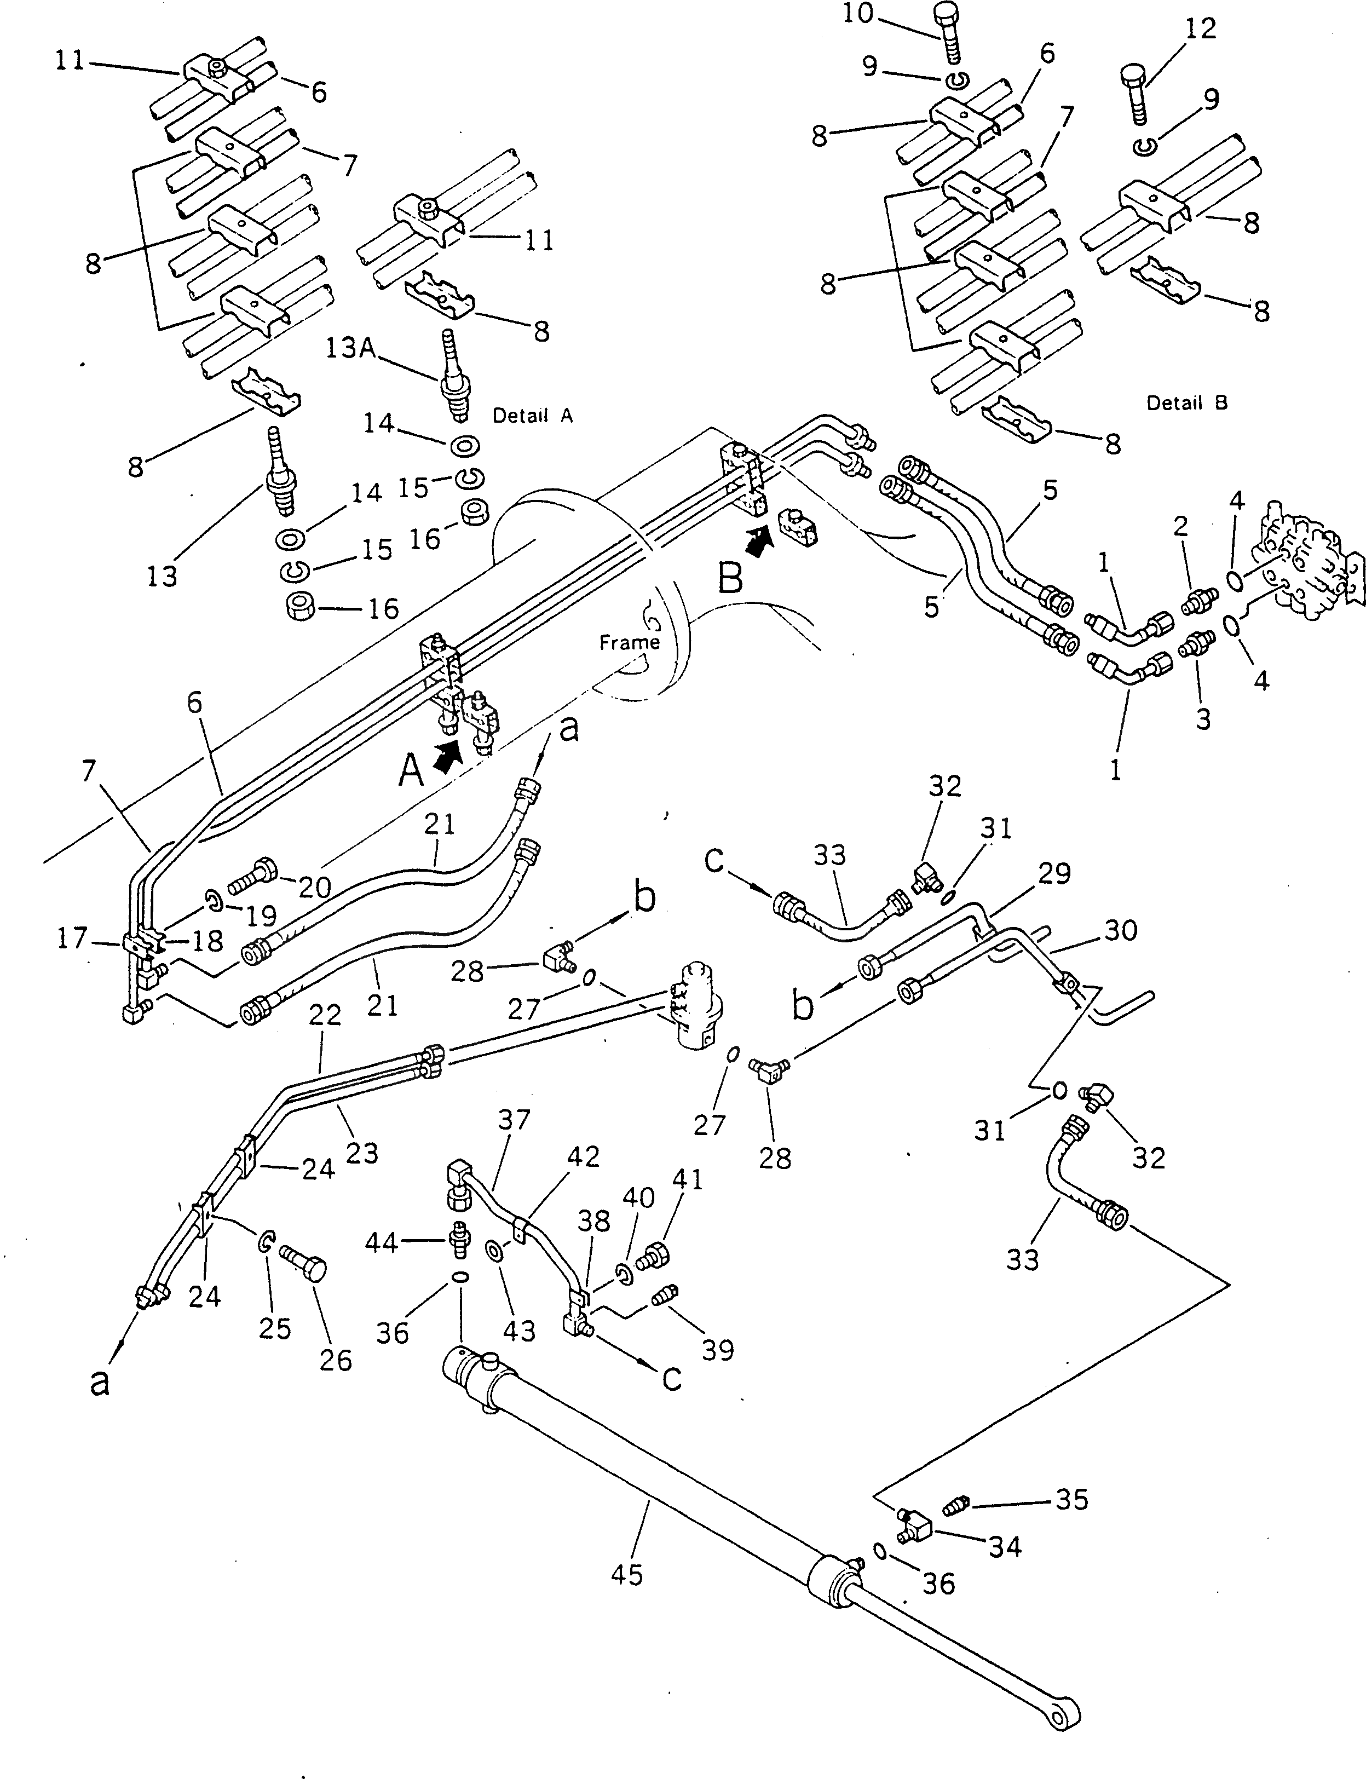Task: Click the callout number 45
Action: tap(626, 1575)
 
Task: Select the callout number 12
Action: tap(1201, 28)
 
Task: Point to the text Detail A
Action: tap(533, 416)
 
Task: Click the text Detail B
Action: tap(1186, 402)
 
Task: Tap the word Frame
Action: tap(629, 642)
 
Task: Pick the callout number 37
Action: tap(514, 1120)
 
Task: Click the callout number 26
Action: tap(335, 1360)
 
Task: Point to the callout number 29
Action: tap(1054, 873)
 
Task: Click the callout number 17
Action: tap(72, 939)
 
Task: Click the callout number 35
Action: tap(1071, 1499)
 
